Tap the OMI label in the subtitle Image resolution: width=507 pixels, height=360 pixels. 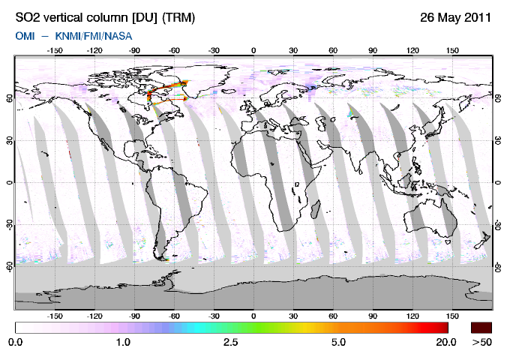click(25, 35)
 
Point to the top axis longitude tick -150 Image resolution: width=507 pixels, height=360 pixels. click(54, 50)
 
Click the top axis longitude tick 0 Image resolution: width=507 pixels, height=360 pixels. click(253, 50)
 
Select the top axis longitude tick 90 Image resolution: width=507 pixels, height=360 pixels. click(373, 50)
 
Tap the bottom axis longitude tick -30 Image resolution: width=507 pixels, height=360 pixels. click(214, 316)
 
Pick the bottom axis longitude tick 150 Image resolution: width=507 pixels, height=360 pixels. click(452, 316)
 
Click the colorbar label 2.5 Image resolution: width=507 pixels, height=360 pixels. click(230, 342)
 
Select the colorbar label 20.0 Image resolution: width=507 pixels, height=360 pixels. click(446, 342)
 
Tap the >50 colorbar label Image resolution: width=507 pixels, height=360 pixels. click(482, 342)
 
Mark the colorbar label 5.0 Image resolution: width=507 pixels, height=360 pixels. click(338, 342)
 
